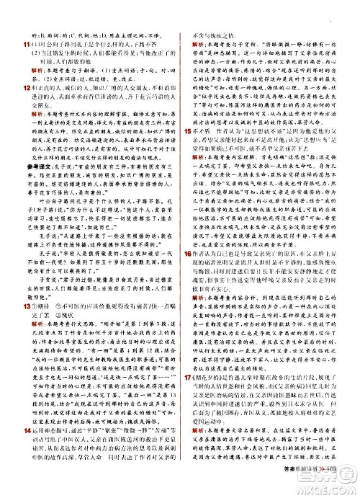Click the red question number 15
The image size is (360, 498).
point(188,132)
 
